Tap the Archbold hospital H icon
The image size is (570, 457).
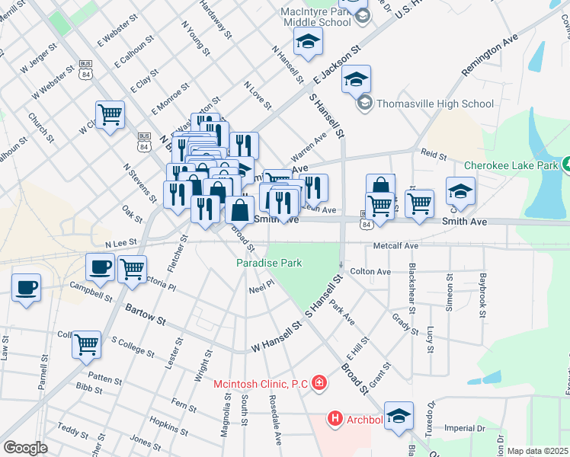[x=335, y=418]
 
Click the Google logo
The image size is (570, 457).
[x=25, y=448]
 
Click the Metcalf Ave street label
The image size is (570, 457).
[x=395, y=247]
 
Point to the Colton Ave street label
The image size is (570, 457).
[x=370, y=272]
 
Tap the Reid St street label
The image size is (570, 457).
[x=434, y=155]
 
